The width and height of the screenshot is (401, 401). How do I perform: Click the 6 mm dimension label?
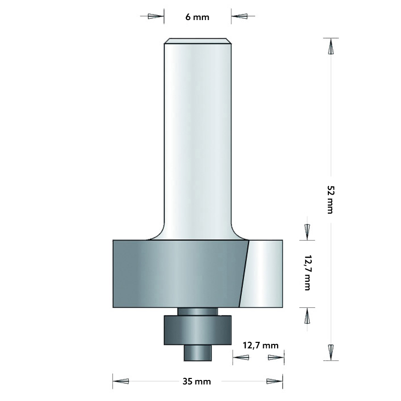(197, 17)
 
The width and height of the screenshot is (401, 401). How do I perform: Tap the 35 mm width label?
(197, 381)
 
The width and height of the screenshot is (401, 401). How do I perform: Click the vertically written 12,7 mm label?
(306, 273)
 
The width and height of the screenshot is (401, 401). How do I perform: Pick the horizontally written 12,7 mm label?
(260, 345)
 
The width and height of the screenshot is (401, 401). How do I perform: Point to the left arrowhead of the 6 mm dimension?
(155, 17)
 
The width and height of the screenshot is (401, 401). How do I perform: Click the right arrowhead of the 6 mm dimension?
(239, 17)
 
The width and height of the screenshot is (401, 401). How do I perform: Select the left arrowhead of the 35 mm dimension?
(121, 381)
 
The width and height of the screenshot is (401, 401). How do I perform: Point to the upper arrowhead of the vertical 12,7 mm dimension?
(307, 232)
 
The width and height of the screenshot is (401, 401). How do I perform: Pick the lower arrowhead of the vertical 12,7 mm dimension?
(307, 315)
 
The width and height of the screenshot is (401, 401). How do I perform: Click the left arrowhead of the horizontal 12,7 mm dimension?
(241, 357)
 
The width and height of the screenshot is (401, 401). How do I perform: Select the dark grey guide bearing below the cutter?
(197, 330)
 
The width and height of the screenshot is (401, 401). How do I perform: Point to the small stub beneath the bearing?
(197, 352)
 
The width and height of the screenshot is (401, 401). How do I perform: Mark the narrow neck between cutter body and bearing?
(197, 311)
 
